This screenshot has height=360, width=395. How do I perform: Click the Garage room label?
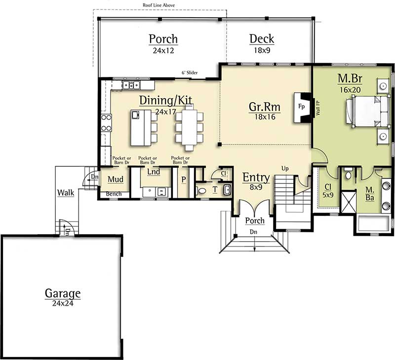pyautogui.click(x=63, y=293)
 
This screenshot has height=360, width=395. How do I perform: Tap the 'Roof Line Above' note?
pyautogui.click(x=158, y=5)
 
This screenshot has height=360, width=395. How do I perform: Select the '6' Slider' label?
pyautogui.click(x=190, y=73)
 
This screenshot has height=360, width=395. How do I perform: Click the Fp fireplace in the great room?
pyautogui.click(x=301, y=106)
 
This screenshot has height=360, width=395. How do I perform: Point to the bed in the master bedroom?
pyautogui.click(x=365, y=111)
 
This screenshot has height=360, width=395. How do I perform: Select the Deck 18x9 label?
pyautogui.click(x=262, y=38)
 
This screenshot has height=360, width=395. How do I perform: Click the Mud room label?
pyautogui.click(x=116, y=179)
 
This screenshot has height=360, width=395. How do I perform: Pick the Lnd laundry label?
pyautogui.click(x=154, y=172)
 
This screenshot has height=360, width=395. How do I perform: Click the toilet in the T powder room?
pyautogui.click(x=202, y=190)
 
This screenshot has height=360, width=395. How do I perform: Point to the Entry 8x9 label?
pyautogui.click(x=256, y=178)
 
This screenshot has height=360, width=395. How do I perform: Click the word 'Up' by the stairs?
pyautogui.click(x=285, y=169)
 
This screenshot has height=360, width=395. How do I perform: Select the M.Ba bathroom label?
pyautogui.click(x=370, y=193)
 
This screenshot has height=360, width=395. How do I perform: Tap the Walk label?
pyautogui.click(x=66, y=192)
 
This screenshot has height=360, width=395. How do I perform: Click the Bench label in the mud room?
pyautogui.click(x=114, y=194)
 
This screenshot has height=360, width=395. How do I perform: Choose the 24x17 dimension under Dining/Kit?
pyautogui.click(x=165, y=112)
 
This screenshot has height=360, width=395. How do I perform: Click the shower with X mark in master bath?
pyautogui.click(x=348, y=202)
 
